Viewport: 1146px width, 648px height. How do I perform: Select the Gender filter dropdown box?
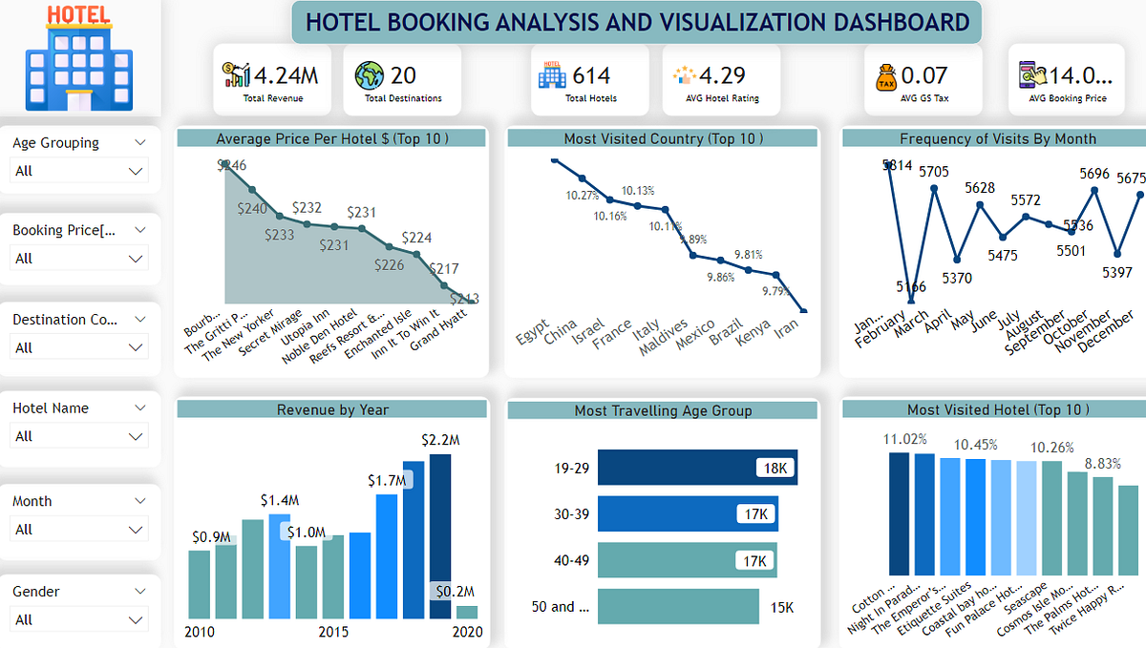(x=79, y=619)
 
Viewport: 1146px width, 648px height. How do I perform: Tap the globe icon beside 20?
(x=369, y=75)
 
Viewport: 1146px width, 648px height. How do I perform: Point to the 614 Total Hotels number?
(x=591, y=75)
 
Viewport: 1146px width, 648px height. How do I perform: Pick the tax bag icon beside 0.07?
(x=885, y=76)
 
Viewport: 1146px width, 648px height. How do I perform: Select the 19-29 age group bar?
(x=696, y=468)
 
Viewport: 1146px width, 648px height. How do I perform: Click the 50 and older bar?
(x=677, y=607)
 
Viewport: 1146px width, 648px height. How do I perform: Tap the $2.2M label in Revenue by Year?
(x=439, y=440)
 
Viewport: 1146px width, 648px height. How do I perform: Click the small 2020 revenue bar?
(x=466, y=613)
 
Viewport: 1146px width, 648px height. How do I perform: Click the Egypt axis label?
(x=532, y=338)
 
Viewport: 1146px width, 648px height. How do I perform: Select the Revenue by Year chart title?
(x=332, y=409)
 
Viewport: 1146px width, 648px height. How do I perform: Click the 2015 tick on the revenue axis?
(x=333, y=632)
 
